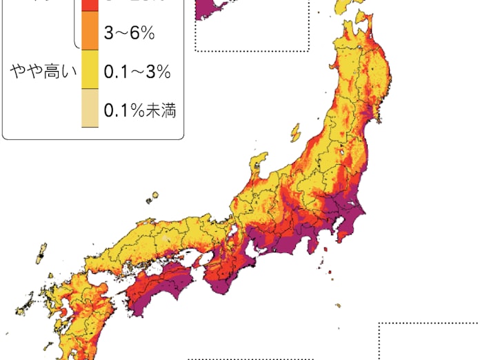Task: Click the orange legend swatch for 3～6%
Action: (90, 33)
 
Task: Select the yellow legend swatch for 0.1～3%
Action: (90, 71)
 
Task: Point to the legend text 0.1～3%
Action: (136, 72)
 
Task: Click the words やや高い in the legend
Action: (40, 71)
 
